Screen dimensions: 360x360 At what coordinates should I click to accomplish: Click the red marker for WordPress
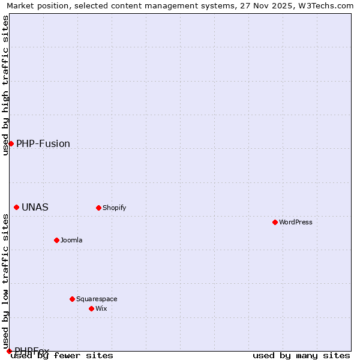[275, 222]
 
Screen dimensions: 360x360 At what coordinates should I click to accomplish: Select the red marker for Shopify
[98, 208]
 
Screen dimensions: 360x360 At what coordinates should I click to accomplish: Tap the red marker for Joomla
[56, 240]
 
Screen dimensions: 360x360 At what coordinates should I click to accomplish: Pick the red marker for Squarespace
[72, 299]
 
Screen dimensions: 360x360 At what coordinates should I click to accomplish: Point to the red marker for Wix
[91, 308]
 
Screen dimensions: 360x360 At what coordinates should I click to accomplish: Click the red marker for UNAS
[16, 207]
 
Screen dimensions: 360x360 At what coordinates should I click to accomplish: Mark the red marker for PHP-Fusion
[11, 143]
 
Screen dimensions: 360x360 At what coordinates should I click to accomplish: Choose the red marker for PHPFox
[9, 351]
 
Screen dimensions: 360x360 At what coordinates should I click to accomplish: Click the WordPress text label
[296, 222]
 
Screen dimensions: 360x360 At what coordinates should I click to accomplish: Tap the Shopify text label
[114, 208]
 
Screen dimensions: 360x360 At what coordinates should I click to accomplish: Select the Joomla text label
[71, 240]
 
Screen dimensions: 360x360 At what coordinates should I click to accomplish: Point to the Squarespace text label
[97, 299]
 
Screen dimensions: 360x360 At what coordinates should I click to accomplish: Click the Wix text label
[101, 308]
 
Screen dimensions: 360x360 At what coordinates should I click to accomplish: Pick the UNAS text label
[35, 208]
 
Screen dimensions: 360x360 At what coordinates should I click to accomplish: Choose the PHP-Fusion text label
[43, 144]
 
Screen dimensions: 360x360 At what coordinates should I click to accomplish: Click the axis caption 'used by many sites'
[301, 355]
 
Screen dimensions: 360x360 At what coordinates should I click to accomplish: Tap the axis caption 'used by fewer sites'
[62, 355]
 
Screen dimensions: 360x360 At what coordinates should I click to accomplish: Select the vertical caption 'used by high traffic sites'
[5, 85]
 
